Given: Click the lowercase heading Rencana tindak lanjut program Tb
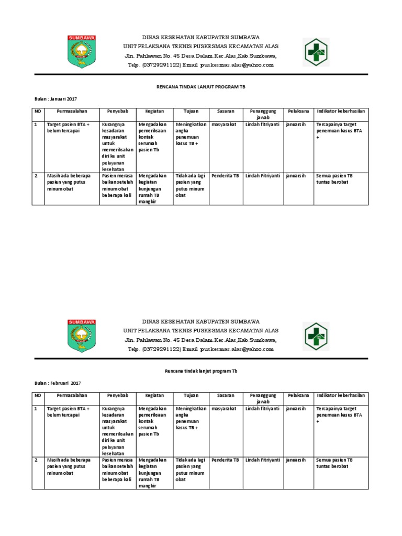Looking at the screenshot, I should click(200, 370).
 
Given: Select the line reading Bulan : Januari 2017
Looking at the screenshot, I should click(55, 98).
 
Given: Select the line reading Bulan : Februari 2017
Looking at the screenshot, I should click(57, 383).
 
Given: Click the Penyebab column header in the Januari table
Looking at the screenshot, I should click(118, 111).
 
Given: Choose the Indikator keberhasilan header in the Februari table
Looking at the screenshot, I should click(340, 396).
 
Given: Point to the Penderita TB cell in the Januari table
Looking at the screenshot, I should click(225, 176).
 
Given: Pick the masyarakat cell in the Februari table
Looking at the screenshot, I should click(224, 408).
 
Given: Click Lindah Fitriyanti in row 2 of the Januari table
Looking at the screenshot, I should click(263, 176).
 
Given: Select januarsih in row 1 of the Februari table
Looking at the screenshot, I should click(296, 408).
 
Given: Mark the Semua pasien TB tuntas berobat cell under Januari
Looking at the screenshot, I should click(334, 179).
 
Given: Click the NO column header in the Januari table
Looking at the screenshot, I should click(38, 111).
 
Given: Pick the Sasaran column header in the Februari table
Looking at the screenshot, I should click(225, 396).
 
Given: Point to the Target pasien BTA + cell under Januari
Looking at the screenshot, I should click(69, 128).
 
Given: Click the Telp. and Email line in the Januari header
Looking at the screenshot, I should click(201, 65).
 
